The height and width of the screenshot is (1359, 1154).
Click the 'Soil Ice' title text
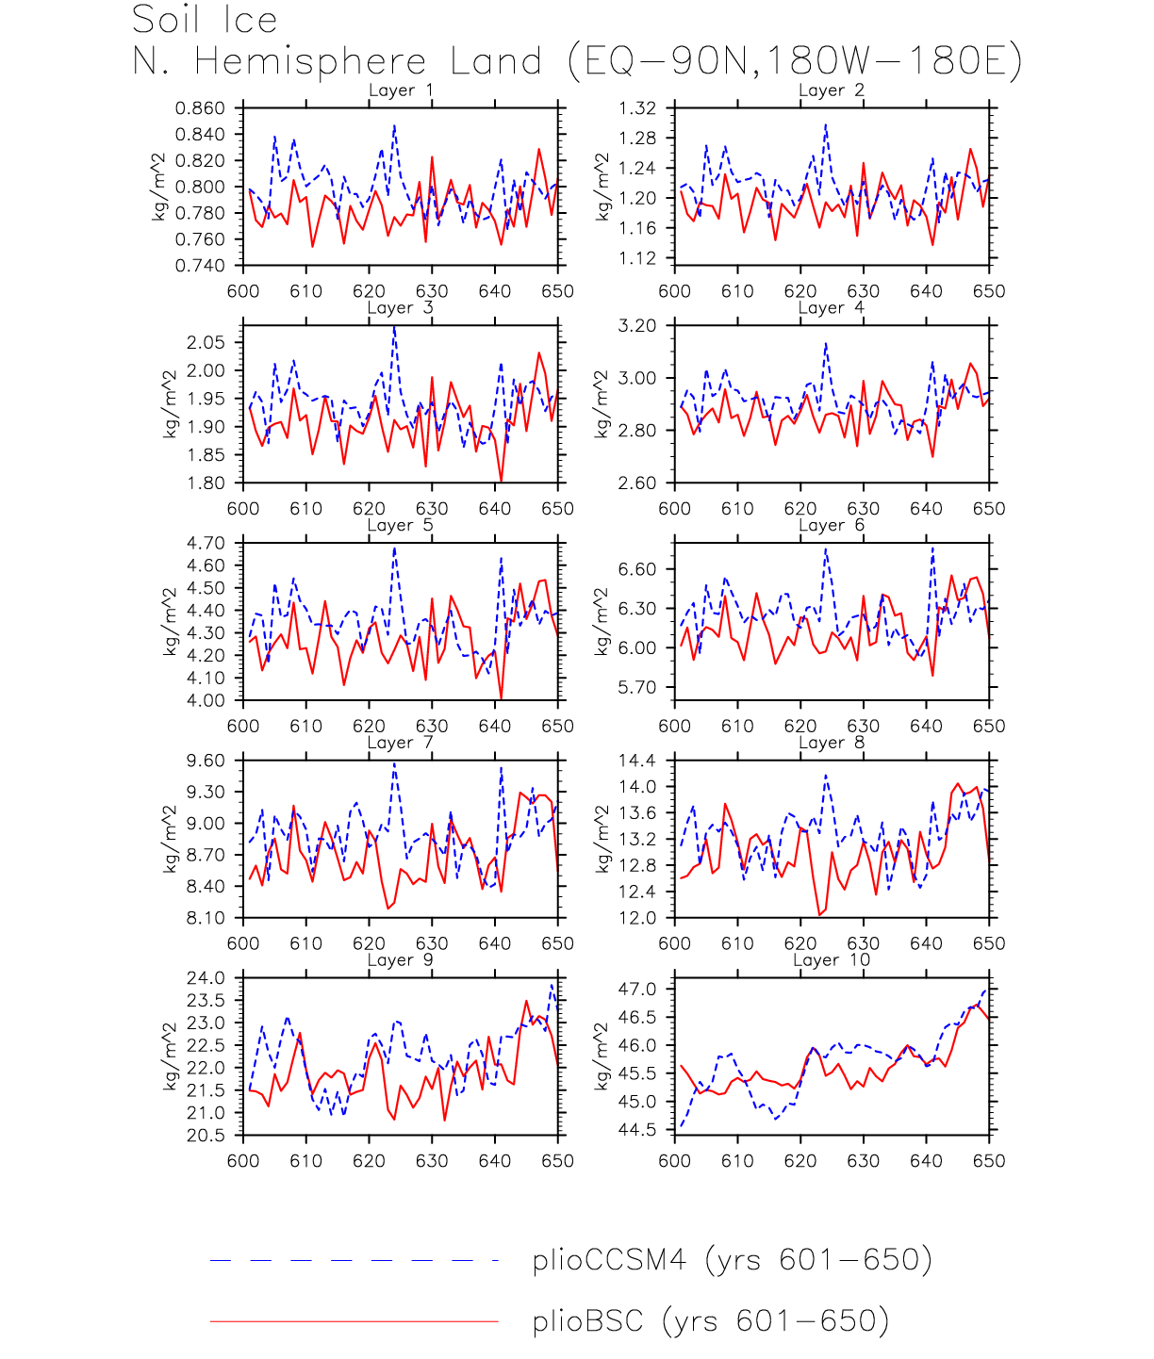(x=205, y=20)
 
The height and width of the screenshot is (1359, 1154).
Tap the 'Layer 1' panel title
(x=401, y=90)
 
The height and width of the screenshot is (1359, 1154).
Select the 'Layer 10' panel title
(x=832, y=960)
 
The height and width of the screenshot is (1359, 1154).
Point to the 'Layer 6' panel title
(x=832, y=525)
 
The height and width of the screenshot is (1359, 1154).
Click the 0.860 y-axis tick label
(x=200, y=108)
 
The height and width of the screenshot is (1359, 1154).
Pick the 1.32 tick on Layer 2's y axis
(x=637, y=108)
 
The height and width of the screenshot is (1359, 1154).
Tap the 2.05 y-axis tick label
(x=206, y=342)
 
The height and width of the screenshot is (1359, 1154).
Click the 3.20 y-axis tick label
(x=637, y=326)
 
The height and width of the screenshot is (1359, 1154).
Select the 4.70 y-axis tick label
(x=206, y=543)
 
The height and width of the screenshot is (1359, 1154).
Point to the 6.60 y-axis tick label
(x=637, y=569)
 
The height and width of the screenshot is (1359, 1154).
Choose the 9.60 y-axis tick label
(x=206, y=761)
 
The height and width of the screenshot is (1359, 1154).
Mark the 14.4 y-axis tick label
(x=637, y=761)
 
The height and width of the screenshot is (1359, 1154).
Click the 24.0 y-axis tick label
(x=206, y=978)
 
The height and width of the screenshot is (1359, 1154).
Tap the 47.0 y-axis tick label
(x=637, y=990)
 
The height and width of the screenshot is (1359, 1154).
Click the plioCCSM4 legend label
(x=732, y=1260)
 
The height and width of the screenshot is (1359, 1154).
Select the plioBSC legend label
(x=711, y=1321)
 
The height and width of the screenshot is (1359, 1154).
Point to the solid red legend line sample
(x=354, y=1321)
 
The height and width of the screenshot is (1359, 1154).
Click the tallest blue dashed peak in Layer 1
(x=394, y=125)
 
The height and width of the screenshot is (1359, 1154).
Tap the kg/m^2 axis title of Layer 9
(x=170, y=1056)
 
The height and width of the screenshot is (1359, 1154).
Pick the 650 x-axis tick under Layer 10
(x=989, y=1161)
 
